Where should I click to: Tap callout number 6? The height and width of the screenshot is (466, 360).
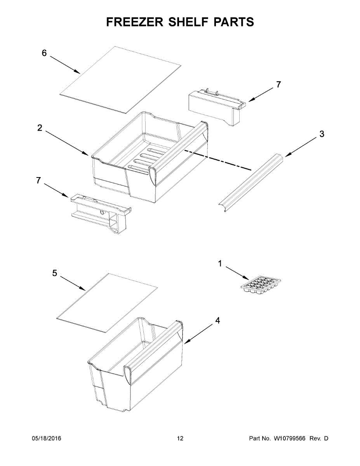(x=44, y=53)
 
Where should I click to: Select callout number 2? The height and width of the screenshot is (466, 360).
(x=40, y=128)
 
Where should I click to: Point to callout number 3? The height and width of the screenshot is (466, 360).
(x=322, y=134)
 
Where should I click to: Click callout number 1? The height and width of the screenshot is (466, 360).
(x=220, y=264)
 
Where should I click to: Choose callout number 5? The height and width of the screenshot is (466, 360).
(x=55, y=273)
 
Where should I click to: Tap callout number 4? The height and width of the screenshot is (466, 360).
(x=217, y=321)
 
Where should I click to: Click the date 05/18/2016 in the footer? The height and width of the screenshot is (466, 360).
(x=46, y=438)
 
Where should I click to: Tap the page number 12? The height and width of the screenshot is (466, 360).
(x=180, y=438)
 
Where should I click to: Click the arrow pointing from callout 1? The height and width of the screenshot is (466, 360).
(x=237, y=273)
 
